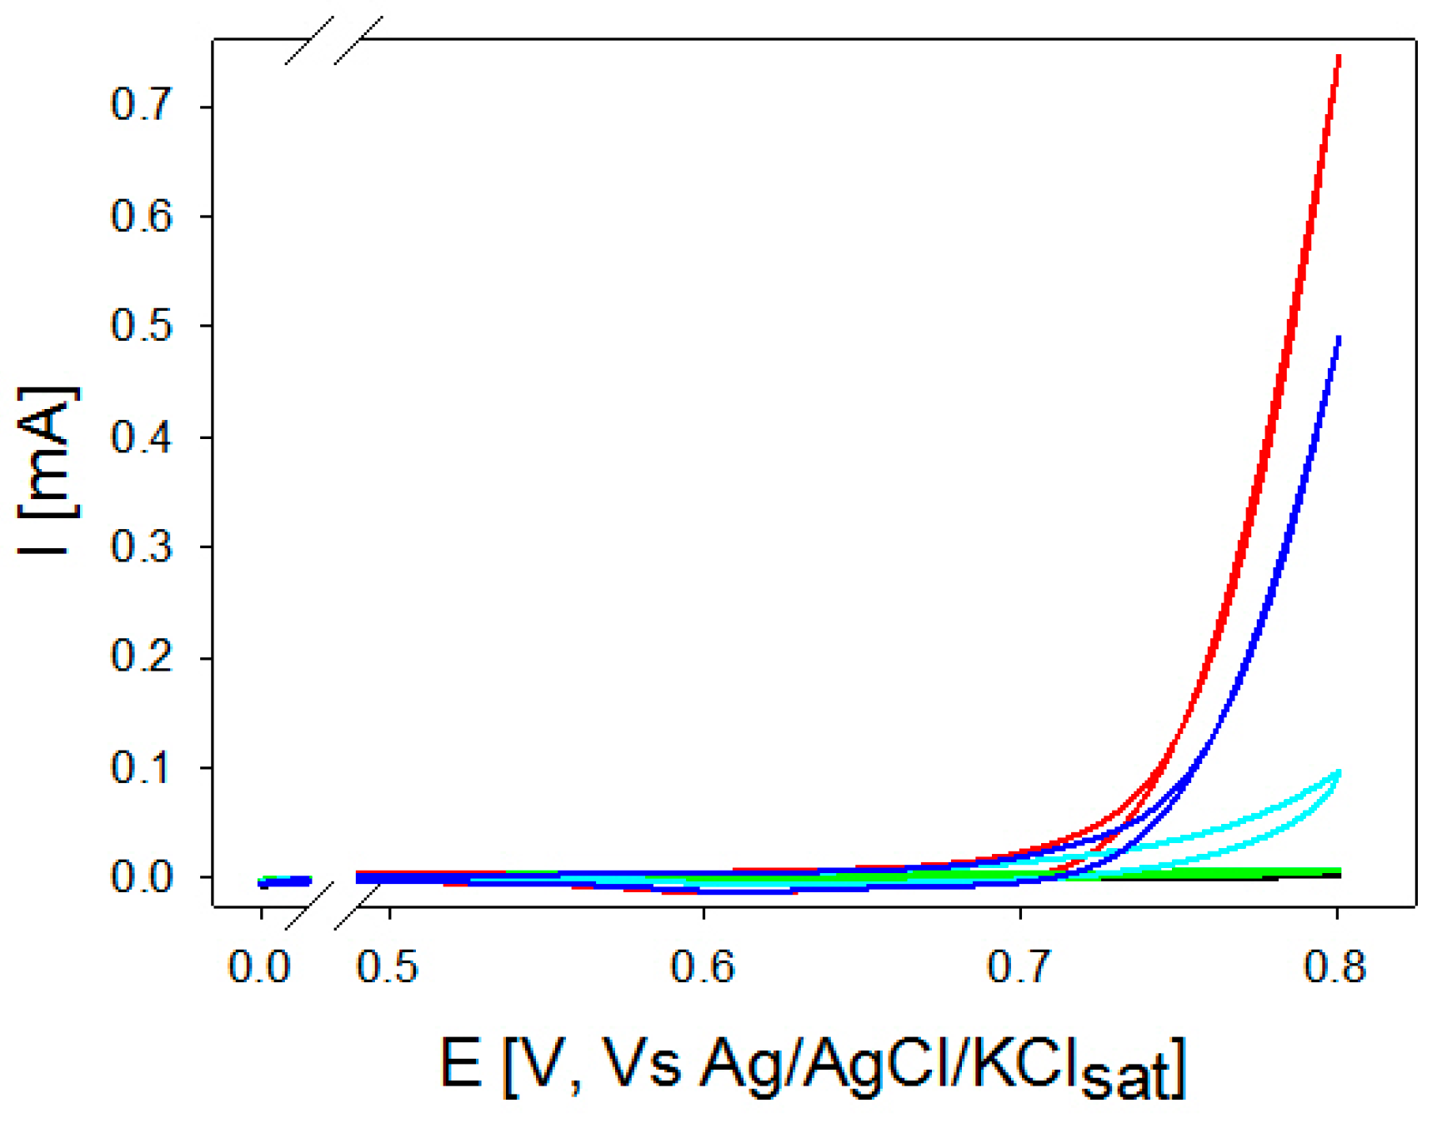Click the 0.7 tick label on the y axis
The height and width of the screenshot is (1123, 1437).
click(141, 106)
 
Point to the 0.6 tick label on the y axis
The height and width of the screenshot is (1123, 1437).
click(141, 216)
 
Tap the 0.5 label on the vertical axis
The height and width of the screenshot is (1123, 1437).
click(141, 326)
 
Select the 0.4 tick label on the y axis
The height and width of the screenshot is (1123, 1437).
click(141, 437)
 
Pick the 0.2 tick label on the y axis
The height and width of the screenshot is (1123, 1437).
click(141, 657)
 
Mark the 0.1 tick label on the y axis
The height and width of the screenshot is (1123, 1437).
click(141, 767)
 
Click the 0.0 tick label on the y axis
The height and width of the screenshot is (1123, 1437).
click(141, 877)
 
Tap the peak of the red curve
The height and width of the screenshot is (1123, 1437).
click(1339, 57)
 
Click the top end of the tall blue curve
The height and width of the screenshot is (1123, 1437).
click(1338, 338)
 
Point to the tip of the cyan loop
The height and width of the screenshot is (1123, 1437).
click(1339, 773)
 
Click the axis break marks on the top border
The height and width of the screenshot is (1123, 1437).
click(333, 40)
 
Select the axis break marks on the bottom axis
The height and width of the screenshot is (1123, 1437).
click(333, 906)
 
